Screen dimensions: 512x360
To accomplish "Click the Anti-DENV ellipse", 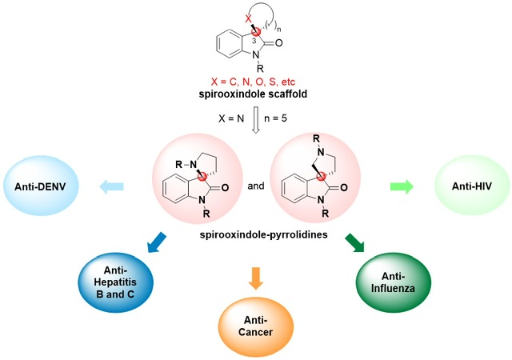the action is pyautogui.click(x=41, y=186).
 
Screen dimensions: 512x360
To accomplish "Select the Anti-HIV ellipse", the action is pyautogui.click(x=472, y=186).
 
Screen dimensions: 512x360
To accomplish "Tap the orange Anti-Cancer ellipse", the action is pyautogui.click(x=256, y=326).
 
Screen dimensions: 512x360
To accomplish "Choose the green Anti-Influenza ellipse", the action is pyautogui.click(x=393, y=282).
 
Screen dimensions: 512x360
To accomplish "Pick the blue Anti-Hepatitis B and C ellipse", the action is pyautogui.click(x=115, y=282).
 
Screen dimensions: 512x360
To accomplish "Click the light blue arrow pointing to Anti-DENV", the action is pyautogui.click(x=111, y=186).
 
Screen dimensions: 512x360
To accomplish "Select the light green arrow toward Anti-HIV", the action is pyautogui.click(x=402, y=186).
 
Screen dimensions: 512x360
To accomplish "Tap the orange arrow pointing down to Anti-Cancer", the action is pyautogui.click(x=256, y=278).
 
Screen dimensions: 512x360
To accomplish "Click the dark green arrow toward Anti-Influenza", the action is pyautogui.click(x=355, y=242).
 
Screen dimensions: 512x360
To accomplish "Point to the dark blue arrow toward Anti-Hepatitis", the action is pyautogui.click(x=157, y=242).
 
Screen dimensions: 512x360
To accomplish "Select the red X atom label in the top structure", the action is pyautogui.click(x=249, y=18).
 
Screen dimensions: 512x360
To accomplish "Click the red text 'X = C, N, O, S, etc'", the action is pyautogui.click(x=253, y=82).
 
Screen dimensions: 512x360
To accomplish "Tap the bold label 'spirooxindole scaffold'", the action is pyautogui.click(x=253, y=94).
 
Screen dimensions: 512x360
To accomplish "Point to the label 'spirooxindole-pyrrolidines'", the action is pyautogui.click(x=263, y=234).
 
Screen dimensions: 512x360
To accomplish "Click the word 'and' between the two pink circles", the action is pyautogui.click(x=256, y=186).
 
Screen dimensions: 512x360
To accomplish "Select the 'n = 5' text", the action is pyautogui.click(x=275, y=118).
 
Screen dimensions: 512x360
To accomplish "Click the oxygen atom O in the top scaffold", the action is pyautogui.click(x=278, y=42).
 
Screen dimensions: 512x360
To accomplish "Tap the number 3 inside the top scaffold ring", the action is pyautogui.click(x=254, y=41).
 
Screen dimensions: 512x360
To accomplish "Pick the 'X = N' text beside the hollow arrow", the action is pyautogui.click(x=231, y=118).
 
